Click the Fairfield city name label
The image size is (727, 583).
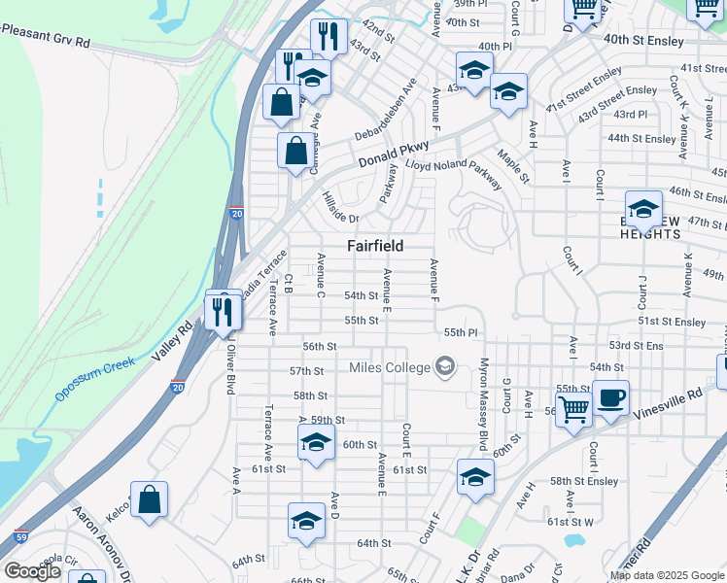click(x=375, y=246)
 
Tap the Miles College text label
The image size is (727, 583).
click(x=389, y=367)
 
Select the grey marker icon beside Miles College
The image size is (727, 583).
click(x=445, y=366)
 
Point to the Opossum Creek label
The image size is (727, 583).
click(x=93, y=380)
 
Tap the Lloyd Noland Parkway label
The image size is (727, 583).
click(x=454, y=173)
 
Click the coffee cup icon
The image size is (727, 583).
click(x=611, y=397)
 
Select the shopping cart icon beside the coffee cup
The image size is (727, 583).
click(x=573, y=409)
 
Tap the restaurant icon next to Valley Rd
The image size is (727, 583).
click(x=223, y=311)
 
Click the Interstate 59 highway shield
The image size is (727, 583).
click(x=20, y=535)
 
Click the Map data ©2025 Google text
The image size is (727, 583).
click(x=667, y=575)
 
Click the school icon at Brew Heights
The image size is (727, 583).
click(x=642, y=208)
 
